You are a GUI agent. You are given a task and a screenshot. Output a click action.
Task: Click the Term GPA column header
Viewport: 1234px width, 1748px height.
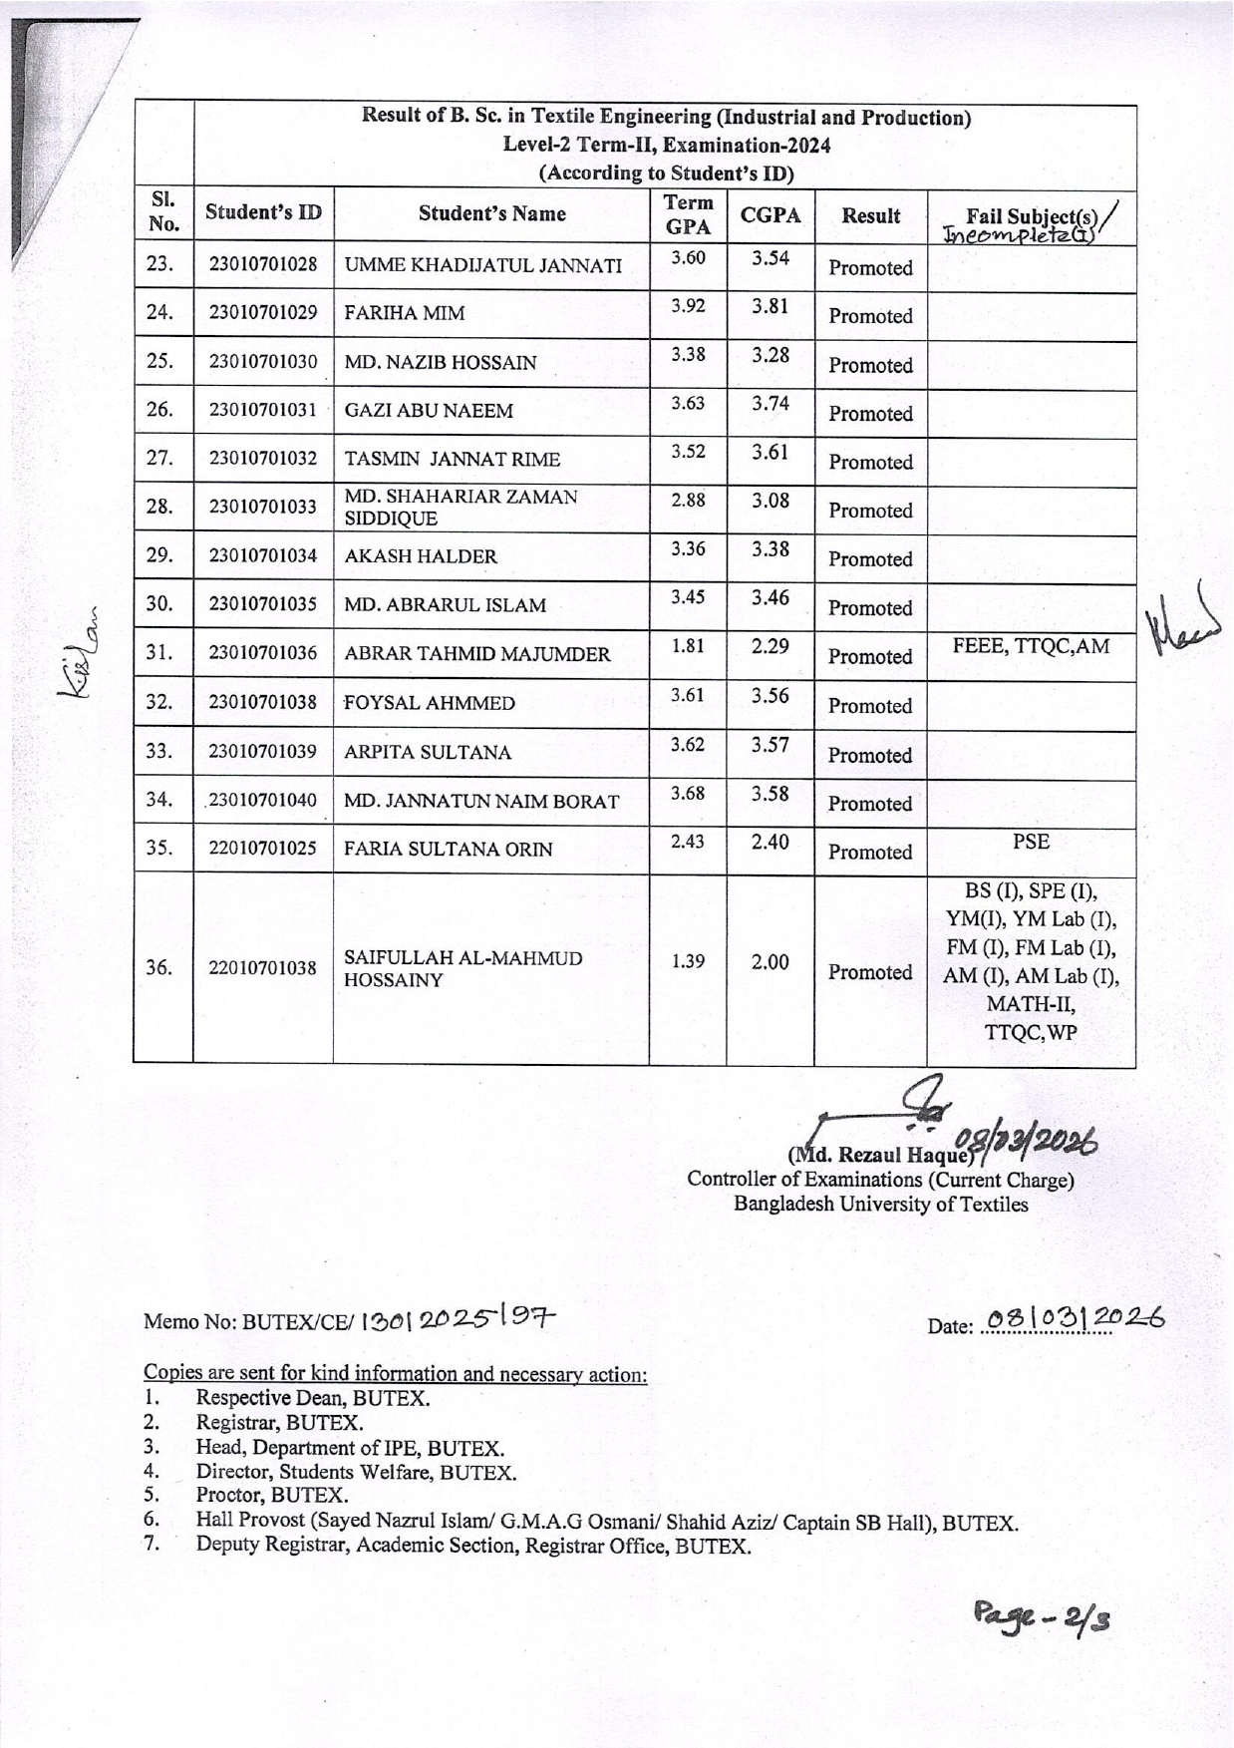pos(688,214)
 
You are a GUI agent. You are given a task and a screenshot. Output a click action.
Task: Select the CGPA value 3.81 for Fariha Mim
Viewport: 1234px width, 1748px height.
pos(771,306)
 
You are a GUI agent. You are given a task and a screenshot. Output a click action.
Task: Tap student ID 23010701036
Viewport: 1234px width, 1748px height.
pos(263,653)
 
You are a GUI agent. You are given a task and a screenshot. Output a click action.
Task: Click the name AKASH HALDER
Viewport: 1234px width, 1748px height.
pos(421,556)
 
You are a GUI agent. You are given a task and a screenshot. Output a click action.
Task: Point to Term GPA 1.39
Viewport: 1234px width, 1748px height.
pos(688,961)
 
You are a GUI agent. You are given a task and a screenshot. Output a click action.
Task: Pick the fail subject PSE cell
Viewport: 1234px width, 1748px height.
pos(1031,842)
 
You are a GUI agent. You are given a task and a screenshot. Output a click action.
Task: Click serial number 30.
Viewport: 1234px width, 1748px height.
pos(159,603)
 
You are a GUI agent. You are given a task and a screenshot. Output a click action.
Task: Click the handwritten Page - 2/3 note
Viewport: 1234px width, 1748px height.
pos(1042,1617)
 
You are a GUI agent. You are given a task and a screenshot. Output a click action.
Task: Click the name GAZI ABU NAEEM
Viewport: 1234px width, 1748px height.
pos(429,411)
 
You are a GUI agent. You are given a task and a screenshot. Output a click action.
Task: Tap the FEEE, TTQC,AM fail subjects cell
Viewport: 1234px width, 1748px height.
pos(1031,646)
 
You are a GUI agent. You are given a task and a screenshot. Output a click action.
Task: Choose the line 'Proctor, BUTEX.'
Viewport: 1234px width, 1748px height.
pos(272,1495)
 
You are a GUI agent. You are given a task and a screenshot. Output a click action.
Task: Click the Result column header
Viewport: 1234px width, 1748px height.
pos(870,215)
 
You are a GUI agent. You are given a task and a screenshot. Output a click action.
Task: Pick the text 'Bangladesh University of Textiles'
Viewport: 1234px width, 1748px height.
pos(880,1204)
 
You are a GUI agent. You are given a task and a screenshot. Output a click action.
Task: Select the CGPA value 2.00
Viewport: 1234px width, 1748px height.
pos(771,961)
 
